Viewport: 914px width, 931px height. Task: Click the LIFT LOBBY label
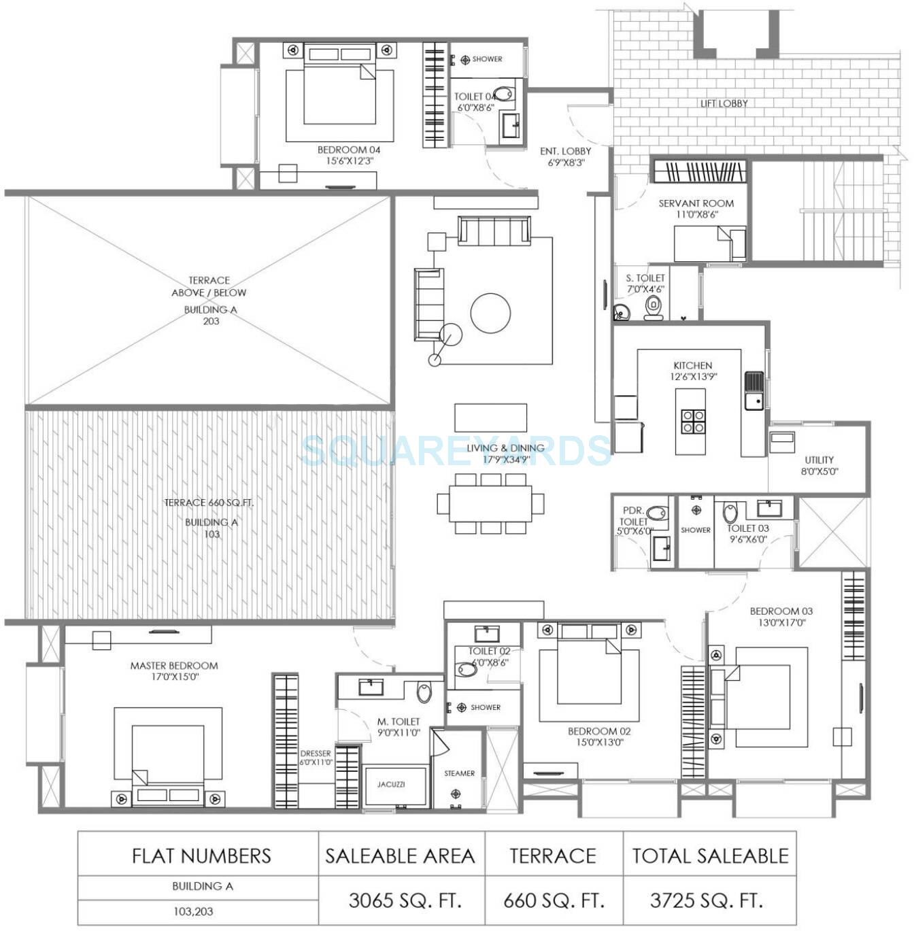pyautogui.click(x=724, y=103)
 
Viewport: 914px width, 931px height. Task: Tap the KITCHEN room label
pyautogui.click(x=692, y=365)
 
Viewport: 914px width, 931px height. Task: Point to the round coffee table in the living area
pyautogui.click(x=490, y=313)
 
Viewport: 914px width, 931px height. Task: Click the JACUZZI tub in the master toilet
pyautogui.click(x=392, y=785)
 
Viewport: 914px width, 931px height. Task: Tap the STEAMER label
pyautogui.click(x=459, y=773)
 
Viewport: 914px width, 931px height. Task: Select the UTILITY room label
pyautogui.click(x=819, y=460)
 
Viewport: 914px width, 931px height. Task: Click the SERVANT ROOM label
pyautogui.click(x=696, y=203)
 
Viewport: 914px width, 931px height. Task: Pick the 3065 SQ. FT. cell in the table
pyautogui.click(x=405, y=900)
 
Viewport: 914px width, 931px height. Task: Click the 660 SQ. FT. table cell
pyautogui.click(x=554, y=900)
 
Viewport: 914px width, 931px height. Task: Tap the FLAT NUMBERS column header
pyautogui.click(x=201, y=856)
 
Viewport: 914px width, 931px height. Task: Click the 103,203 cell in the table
pyautogui.click(x=193, y=911)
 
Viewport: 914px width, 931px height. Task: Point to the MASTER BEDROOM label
pyautogui.click(x=174, y=666)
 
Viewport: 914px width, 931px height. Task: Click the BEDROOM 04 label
pyautogui.click(x=349, y=150)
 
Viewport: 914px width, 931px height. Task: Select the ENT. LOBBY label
pyautogui.click(x=565, y=152)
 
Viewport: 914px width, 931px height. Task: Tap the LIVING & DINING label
pyautogui.click(x=505, y=448)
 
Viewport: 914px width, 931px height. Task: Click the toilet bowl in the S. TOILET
pyautogui.click(x=654, y=308)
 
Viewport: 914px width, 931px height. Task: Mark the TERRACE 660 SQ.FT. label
pyautogui.click(x=208, y=503)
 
